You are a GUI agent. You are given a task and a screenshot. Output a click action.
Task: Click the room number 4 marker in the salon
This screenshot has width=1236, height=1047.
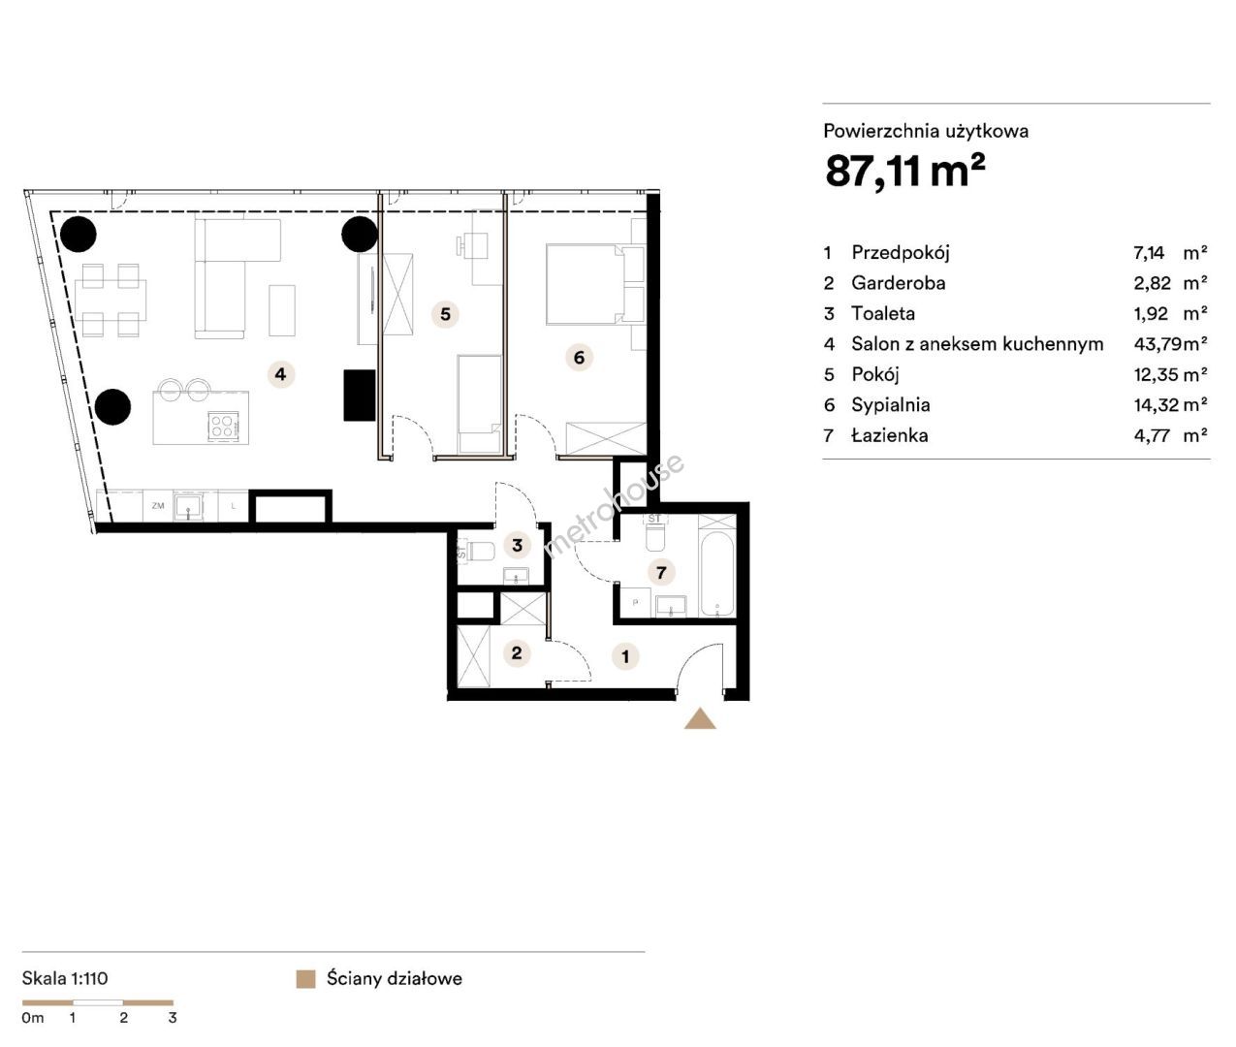(x=280, y=374)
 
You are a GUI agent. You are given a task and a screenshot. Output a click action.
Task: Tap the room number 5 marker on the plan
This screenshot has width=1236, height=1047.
(x=445, y=314)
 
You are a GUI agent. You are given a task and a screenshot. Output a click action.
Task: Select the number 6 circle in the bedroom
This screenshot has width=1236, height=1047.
(x=579, y=357)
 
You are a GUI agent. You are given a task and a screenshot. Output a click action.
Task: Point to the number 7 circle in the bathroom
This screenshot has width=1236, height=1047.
(x=661, y=572)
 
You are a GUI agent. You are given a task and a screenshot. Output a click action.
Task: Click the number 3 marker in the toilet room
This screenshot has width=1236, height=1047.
(x=518, y=545)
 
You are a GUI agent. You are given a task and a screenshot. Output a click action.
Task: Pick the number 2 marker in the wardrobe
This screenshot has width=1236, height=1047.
(x=517, y=652)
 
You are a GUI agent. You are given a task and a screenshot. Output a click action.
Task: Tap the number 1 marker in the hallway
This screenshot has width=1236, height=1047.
(x=625, y=656)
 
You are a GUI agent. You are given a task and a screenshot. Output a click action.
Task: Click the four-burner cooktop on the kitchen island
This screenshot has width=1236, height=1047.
(x=222, y=426)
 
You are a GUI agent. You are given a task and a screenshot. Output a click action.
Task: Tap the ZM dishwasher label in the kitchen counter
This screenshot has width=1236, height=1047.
(x=158, y=506)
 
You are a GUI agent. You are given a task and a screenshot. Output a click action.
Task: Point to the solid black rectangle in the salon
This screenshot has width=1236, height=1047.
(x=360, y=396)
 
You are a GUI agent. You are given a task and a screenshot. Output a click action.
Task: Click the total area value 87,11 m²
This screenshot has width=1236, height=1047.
(x=904, y=171)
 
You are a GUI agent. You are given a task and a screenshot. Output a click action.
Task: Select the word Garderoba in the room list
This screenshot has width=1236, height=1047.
(x=898, y=283)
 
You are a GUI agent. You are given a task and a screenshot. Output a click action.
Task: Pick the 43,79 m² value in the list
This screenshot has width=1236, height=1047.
(x=1170, y=344)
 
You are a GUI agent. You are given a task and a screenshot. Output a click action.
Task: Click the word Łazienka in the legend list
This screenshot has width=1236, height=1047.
(x=890, y=435)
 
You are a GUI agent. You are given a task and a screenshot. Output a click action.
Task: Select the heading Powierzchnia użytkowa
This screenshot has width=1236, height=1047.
(x=926, y=131)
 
